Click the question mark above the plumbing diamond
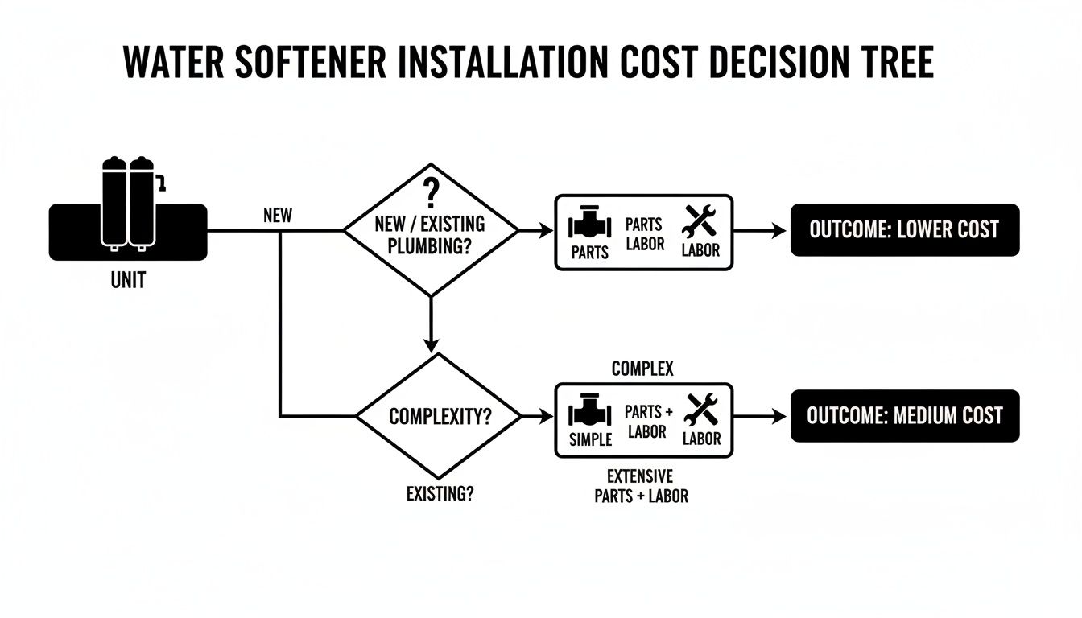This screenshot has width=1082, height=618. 432,193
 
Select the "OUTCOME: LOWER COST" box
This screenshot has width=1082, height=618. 905,230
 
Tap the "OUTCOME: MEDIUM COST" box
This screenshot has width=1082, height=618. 905,416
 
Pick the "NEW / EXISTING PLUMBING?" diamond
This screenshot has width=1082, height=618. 432,231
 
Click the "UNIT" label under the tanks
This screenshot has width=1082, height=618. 128,282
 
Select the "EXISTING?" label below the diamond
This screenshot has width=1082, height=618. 440,494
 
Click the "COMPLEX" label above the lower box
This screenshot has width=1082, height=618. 642,369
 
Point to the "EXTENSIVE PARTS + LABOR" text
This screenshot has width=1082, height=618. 641,486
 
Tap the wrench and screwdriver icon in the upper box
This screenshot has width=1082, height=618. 700,221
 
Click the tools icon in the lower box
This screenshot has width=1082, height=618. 700,410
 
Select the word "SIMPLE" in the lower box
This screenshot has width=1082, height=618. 590,439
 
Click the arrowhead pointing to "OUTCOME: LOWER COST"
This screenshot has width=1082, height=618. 778,231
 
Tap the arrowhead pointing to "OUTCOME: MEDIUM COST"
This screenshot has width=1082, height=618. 778,417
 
